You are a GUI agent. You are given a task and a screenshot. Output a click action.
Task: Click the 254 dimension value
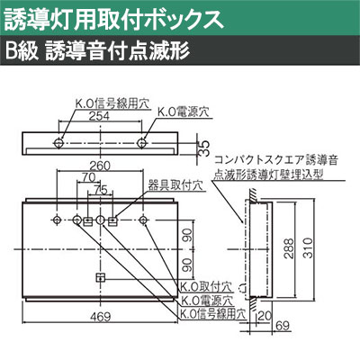coord(99,116)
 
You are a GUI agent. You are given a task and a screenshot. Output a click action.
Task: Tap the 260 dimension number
coord(100,166)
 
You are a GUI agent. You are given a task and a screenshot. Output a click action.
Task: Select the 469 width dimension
coord(100,317)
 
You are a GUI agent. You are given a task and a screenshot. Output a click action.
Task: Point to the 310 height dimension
coord(308,248)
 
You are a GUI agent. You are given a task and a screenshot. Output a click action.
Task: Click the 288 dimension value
coord(289,248)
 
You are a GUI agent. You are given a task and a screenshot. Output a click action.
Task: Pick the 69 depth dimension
coord(283,326)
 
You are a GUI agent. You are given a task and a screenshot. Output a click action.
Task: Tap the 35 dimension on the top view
coord(204,148)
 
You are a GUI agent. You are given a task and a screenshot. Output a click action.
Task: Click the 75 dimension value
coord(101,191)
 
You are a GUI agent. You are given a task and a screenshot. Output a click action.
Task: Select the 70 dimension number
coord(88,177)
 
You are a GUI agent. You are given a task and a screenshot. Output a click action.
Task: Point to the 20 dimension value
coord(265,316)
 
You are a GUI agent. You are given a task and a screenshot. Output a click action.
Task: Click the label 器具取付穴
coord(175,185)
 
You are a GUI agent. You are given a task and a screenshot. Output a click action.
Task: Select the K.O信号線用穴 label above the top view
coord(112,103)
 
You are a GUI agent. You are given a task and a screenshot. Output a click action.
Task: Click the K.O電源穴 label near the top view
coord(183,112)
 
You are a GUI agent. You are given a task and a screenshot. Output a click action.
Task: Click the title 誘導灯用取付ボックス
coord(114,20)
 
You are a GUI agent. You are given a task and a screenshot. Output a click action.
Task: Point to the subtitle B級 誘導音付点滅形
coord(97,51)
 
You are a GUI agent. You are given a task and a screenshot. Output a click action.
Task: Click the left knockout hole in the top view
coord(58,143)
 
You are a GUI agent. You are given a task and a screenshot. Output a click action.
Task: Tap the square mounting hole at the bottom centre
coord(100,278)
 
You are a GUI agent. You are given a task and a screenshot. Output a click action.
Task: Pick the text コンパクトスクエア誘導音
coord(276,160)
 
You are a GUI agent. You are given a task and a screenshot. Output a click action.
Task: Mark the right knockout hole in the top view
coord(141,143)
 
